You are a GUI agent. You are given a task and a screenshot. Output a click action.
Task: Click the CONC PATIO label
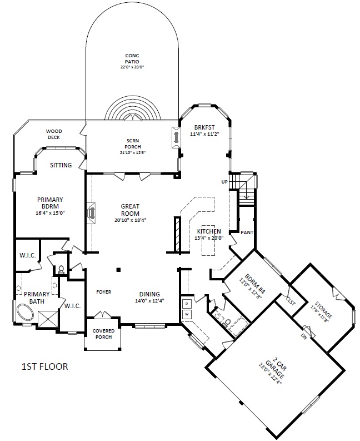coord(132,58)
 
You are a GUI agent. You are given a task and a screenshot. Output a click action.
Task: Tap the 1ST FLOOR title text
coord(45,366)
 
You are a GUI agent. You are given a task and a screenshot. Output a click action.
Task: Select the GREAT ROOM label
coord(130,210)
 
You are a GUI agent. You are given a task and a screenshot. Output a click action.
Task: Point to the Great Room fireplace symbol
coord(91,213)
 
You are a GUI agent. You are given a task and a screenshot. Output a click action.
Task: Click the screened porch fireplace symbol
coord(177,137)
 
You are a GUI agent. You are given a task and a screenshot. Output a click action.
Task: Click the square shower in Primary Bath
coord(48,319)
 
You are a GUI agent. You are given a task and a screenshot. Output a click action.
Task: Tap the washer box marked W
coord(186,314)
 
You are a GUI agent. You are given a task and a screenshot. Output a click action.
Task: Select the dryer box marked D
coord(186,304)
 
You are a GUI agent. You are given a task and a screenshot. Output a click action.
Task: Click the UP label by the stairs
coord(224,182)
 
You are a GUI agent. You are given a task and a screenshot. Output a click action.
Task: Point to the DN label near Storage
coord(304,336)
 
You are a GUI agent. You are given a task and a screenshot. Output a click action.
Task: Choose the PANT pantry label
coord(247,232)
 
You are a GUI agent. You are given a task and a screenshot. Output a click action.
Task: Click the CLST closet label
coord(291,301)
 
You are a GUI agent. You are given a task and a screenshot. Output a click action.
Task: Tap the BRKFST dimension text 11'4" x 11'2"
coord(204,134)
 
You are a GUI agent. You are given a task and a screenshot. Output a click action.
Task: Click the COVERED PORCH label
coord(103,334)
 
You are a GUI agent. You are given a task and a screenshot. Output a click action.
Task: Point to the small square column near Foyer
coord(118,270)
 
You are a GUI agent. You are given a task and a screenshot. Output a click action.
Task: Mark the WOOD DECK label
coord(54,134)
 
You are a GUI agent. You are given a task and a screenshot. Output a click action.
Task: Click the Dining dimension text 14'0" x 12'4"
coord(149,301)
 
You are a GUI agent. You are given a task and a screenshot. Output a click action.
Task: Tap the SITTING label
coord(61,165)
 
